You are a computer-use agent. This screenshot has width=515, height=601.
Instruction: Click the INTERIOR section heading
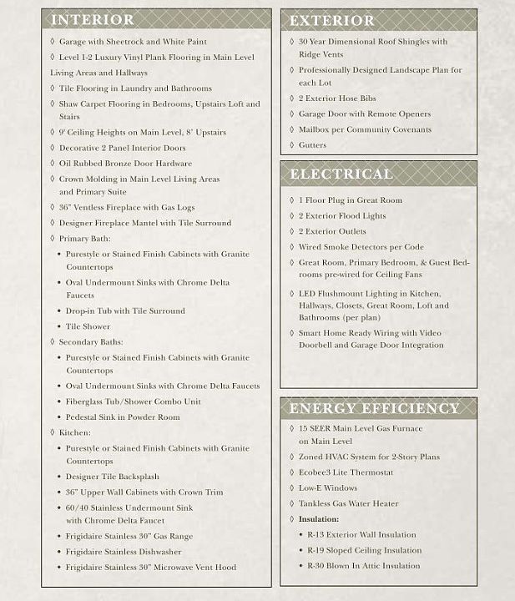click(x=93, y=20)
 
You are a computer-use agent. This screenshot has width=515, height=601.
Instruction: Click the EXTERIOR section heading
click(x=332, y=20)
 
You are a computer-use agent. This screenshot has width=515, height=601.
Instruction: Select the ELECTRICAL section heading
click(x=341, y=174)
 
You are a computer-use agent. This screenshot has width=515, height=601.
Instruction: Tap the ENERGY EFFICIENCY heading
click(x=374, y=408)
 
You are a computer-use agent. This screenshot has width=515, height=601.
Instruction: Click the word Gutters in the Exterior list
click(x=313, y=145)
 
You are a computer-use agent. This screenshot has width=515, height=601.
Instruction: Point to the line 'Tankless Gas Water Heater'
click(x=349, y=503)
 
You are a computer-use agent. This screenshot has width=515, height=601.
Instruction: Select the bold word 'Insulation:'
click(x=319, y=519)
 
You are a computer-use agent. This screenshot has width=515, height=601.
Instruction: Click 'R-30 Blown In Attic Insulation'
click(x=363, y=566)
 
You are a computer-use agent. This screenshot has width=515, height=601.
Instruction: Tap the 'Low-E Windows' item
click(x=328, y=488)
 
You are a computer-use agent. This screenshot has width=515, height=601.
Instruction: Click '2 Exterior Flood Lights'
click(x=342, y=216)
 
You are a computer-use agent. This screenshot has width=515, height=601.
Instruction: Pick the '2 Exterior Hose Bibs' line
click(x=337, y=98)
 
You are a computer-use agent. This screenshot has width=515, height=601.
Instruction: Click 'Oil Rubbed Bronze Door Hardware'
click(x=125, y=164)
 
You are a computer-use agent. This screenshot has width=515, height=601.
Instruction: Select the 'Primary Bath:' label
click(x=84, y=239)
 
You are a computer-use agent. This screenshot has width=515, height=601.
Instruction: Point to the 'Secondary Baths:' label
click(x=91, y=342)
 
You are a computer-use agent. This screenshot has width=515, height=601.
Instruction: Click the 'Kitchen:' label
click(x=75, y=433)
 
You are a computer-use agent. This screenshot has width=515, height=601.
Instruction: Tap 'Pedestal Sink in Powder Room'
click(x=123, y=417)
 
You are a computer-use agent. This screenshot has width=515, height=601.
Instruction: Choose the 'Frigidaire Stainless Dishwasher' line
click(x=124, y=552)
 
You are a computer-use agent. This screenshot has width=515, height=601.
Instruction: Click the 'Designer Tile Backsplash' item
click(x=113, y=477)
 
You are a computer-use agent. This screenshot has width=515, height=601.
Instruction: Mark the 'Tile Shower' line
click(x=88, y=326)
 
